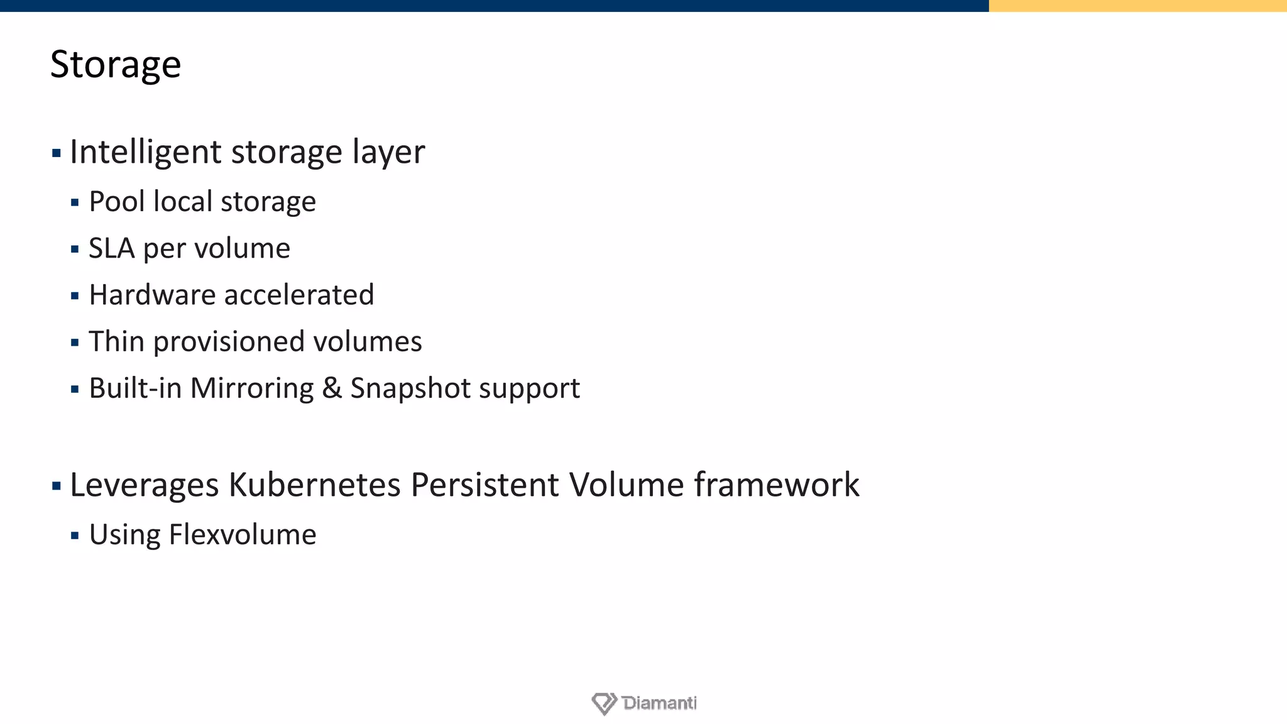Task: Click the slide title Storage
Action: tap(116, 65)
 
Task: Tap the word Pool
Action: tap(117, 202)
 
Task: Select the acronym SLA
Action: tap(112, 248)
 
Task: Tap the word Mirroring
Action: tap(251, 388)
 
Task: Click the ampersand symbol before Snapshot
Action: tap(332, 388)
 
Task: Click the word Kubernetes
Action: tap(314, 485)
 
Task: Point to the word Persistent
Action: tap(485, 485)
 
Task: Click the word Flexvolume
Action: tap(243, 535)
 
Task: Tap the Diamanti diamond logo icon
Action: tap(604, 703)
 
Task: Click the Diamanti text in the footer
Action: tap(659, 703)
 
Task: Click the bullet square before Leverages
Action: tap(57, 486)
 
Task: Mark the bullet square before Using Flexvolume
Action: tap(75, 536)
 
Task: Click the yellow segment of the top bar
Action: tap(1137, 6)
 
